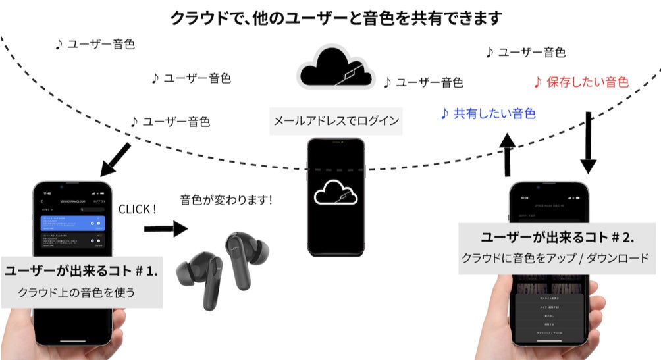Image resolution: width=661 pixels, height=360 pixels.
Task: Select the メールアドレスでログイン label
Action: point(336,121)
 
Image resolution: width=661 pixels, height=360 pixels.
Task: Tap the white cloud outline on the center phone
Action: point(336,193)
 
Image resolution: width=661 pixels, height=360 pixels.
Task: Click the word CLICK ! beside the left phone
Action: point(138,209)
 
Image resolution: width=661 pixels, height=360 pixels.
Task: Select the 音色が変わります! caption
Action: point(226,200)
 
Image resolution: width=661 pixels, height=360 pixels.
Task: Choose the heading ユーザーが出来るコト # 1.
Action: point(81,271)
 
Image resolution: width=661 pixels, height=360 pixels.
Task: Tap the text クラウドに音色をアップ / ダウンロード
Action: point(559,258)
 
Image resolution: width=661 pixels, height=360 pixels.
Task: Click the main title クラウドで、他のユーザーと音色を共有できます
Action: point(336,17)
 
